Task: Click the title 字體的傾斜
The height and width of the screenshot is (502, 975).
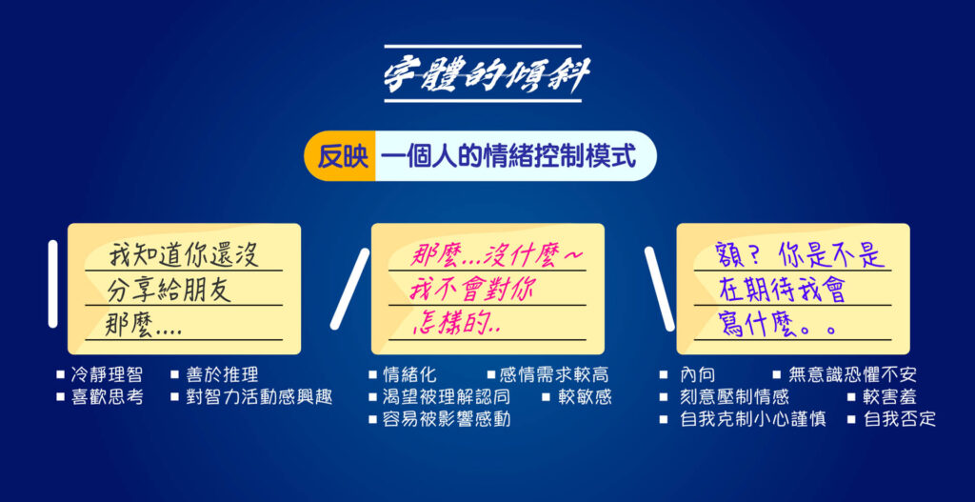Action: click(483, 74)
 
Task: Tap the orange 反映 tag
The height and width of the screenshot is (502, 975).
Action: click(340, 156)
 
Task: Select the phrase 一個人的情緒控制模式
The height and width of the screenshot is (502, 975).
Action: click(509, 156)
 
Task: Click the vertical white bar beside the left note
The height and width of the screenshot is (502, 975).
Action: click(53, 284)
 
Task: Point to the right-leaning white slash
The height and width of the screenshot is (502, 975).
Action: click(349, 289)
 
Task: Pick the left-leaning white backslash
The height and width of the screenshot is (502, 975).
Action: click(659, 289)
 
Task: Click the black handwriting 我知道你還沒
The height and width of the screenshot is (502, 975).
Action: click(184, 255)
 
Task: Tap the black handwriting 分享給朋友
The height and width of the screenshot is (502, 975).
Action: click(169, 290)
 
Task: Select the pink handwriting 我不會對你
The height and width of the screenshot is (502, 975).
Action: click(472, 291)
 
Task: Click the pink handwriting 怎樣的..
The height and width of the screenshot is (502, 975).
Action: click(456, 325)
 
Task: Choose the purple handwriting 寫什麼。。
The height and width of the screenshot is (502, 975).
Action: click(776, 325)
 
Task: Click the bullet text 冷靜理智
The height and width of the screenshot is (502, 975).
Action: click(107, 374)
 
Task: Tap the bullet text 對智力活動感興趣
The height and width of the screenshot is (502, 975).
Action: click(259, 397)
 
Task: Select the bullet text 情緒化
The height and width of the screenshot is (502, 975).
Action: click(409, 374)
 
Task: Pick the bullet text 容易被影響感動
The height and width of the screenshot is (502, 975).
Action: click(448, 419)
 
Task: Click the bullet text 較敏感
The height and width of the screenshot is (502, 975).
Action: click(585, 397)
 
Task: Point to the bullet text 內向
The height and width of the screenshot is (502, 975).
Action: click(698, 374)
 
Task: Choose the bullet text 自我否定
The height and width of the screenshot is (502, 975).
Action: click(900, 419)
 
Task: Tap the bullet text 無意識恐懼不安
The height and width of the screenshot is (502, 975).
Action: click(852, 374)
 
